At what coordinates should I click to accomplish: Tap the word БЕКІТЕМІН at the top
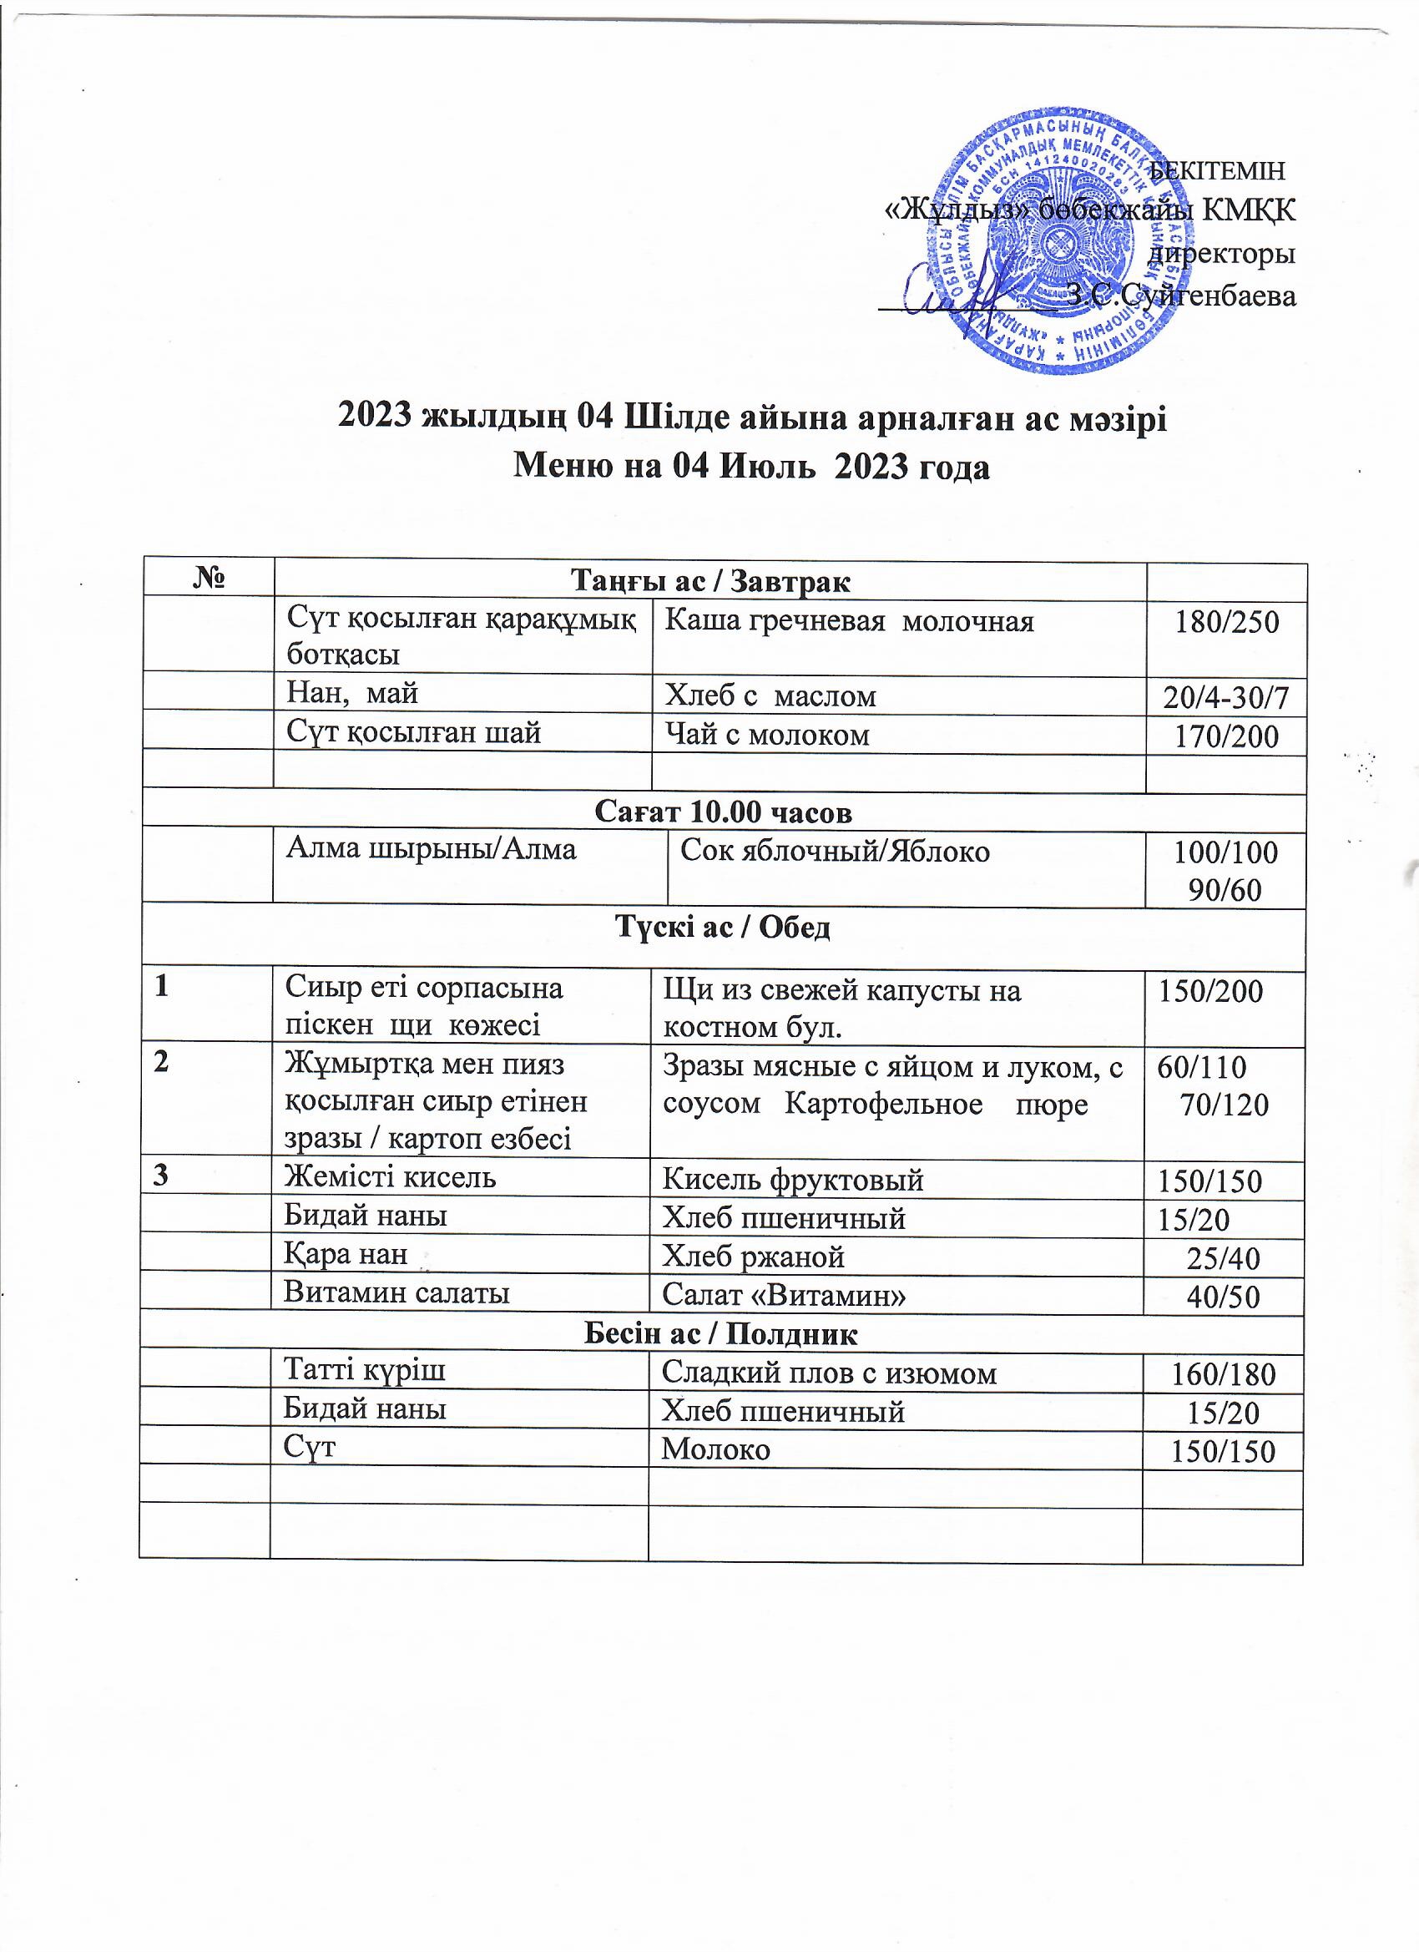(1218, 170)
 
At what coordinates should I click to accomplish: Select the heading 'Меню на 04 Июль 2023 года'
(751, 467)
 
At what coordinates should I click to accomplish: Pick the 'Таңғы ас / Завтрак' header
(710, 582)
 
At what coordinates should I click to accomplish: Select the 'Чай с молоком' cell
(767, 735)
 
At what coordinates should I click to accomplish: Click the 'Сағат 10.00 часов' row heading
(723, 812)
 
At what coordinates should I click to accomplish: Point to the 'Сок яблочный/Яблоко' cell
(835, 852)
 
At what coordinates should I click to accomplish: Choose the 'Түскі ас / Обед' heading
(723, 928)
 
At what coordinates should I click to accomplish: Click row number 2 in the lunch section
(162, 1063)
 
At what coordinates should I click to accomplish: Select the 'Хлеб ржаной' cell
(753, 1257)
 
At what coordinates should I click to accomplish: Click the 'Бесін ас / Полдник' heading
(720, 1334)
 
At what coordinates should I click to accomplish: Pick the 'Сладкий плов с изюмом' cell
(829, 1373)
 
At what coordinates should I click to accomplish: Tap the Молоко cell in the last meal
(715, 1449)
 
